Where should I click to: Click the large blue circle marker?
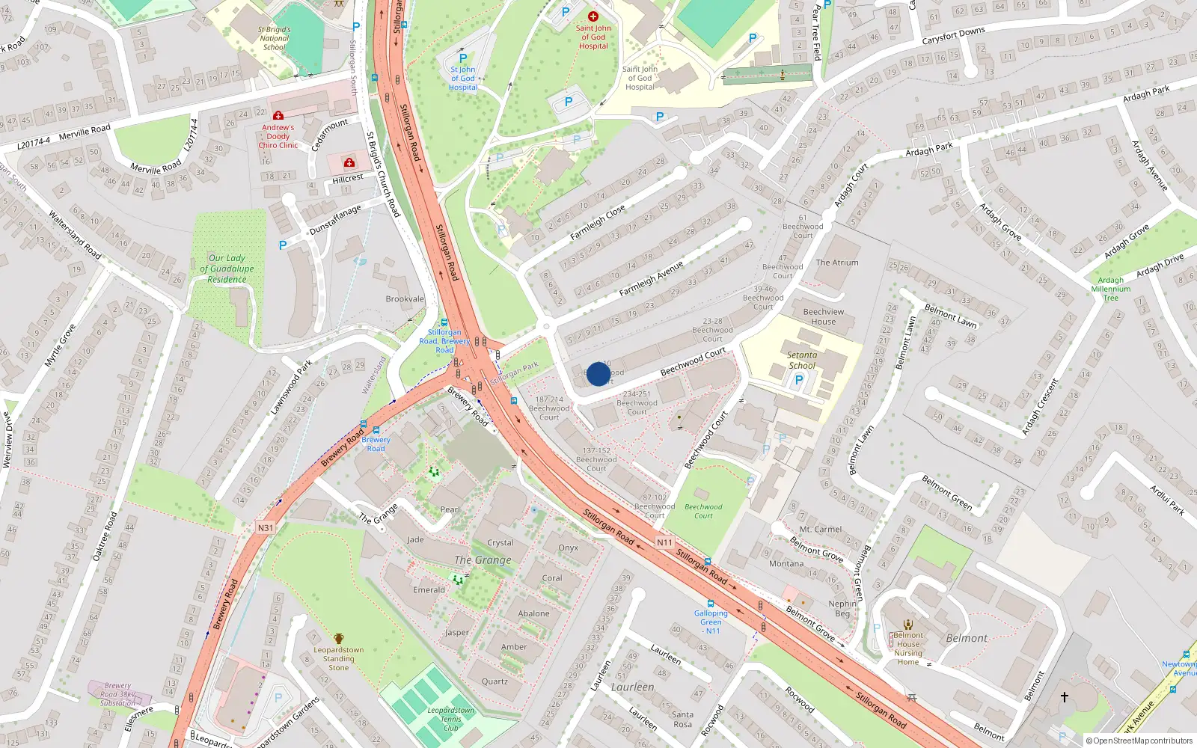[598, 374]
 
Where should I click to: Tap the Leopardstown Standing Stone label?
[338, 658]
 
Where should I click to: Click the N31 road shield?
[266, 527]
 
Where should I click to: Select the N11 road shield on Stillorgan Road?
[664, 542]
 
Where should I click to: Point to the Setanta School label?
[802, 361]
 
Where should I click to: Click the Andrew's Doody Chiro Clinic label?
[278, 136]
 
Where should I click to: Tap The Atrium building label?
[836, 263]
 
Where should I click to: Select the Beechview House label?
[823, 316]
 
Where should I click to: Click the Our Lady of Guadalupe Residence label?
[227, 269]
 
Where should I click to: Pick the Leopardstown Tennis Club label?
[450, 719]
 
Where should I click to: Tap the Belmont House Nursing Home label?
[908, 649]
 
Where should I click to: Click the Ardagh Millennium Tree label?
[1110, 289]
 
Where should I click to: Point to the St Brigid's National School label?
[275, 38]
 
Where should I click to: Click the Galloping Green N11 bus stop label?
[711, 622]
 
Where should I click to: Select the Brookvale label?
[405, 298]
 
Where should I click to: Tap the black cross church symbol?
[1064, 696]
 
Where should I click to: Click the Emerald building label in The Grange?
[429, 589]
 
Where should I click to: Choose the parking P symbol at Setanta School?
[798, 380]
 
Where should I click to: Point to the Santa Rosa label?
[682, 719]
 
